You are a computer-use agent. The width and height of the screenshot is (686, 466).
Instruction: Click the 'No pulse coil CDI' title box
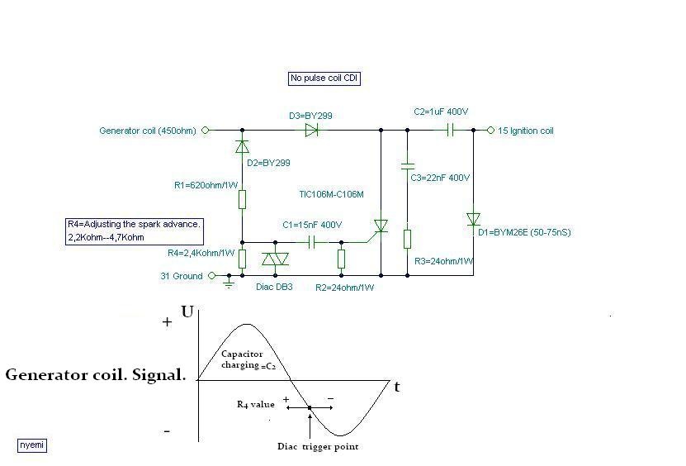[324, 78]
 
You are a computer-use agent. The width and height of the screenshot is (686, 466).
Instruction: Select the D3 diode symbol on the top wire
[311, 130]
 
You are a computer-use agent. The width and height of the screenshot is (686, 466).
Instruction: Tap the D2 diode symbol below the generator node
[242, 147]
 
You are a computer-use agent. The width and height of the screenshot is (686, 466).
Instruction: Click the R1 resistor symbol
[242, 199]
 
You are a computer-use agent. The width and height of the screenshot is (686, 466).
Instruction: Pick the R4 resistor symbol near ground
[242, 259]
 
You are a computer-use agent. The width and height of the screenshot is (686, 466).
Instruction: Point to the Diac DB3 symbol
[275, 259]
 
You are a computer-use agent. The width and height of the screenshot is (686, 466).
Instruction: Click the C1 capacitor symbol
[313, 242]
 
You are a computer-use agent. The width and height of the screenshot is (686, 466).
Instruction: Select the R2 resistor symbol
[341, 259]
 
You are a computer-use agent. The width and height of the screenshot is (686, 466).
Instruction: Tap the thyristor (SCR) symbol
[380, 226]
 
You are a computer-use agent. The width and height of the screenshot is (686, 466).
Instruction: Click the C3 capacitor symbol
[406, 165]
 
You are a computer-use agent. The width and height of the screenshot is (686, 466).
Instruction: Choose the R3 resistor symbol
[406, 239]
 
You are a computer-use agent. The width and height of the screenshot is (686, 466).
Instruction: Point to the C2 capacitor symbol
[451, 130]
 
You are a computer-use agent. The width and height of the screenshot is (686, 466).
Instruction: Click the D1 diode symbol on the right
[473, 219]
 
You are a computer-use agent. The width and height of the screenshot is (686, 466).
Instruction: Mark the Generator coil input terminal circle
[206, 130]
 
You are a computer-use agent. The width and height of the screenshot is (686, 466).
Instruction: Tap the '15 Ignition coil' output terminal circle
[490, 130]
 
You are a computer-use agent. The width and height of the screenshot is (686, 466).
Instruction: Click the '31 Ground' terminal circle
[211, 276]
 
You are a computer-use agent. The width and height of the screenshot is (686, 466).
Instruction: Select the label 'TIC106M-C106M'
[331, 194]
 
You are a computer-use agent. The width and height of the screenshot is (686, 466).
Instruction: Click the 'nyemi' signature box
[32, 445]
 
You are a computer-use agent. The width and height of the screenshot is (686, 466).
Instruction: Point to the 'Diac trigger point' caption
[318, 447]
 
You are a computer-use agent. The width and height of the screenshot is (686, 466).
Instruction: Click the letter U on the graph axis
[187, 312]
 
